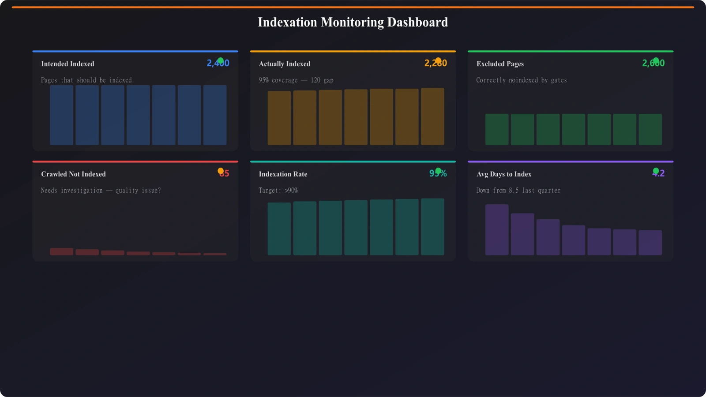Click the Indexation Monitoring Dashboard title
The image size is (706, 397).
coord(353,22)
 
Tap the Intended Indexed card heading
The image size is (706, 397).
coord(68,64)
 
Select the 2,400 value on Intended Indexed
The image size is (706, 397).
coord(218,64)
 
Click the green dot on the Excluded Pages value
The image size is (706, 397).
coord(656,60)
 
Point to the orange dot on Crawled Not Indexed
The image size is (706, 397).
coord(221,171)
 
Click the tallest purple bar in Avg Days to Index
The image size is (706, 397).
coord(497,229)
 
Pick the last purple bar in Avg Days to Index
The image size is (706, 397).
coord(650,243)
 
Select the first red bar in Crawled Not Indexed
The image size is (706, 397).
coord(61,251)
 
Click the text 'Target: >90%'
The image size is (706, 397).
coord(278,191)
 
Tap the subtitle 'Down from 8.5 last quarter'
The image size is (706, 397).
coord(518,191)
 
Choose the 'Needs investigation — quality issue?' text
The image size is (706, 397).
coord(101,191)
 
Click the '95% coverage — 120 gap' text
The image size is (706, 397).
coord(296,80)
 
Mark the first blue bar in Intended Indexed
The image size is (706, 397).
coord(61,115)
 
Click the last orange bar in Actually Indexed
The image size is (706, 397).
coord(432,116)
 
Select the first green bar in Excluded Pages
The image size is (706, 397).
coord(497,129)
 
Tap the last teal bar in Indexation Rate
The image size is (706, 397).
coord(432,227)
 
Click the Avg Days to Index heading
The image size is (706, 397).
coord(503,174)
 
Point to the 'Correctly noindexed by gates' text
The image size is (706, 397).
coord(521,80)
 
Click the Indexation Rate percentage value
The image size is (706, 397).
coord(438,174)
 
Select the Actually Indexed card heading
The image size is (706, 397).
coord(284,64)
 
